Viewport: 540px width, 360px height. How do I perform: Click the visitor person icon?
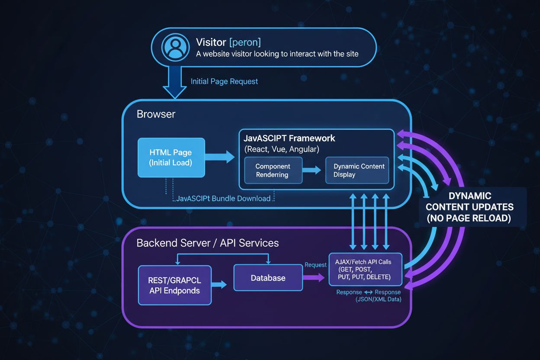[175, 47]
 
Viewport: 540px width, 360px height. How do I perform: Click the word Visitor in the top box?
[211, 42]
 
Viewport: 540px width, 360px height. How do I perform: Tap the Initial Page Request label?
[224, 81]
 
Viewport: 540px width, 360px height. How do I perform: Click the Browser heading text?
[156, 114]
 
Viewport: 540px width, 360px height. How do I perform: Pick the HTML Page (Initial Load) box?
[171, 157]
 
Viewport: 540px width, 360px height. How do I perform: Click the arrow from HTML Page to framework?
[221, 157]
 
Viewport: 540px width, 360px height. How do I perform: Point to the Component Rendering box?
[273, 170]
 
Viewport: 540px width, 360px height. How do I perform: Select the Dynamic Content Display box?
[357, 170]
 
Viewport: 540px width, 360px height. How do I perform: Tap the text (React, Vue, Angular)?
[282, 149]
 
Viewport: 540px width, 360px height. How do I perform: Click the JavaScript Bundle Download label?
[223, 199]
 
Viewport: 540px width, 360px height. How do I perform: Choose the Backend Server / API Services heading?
[208, 243]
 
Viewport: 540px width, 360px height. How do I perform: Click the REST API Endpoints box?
[175, 285]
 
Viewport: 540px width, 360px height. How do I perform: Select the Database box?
[268, 278]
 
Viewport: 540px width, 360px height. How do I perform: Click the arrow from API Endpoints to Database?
[219, 284]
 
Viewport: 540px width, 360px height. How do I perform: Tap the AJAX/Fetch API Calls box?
[365, 269]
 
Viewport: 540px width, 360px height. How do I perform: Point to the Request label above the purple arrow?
[315, 265]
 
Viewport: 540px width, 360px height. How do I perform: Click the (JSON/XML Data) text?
[378, 299]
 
